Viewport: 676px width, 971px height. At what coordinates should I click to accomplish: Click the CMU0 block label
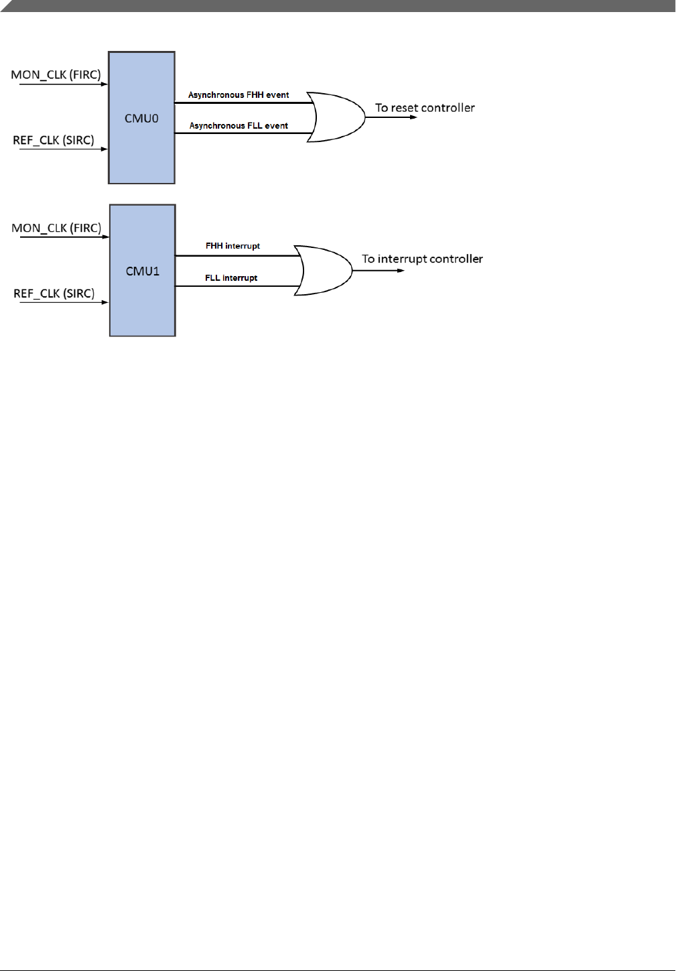point(141,119)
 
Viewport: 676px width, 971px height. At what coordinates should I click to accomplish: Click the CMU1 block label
point(143,271)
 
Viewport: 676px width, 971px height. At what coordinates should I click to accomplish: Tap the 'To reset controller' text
point(425,108)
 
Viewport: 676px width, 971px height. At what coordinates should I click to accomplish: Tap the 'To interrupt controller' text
point(422,259)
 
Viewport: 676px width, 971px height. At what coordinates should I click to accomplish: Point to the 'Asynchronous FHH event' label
point(239,95)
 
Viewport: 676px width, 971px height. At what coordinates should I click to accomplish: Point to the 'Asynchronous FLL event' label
point(239,126)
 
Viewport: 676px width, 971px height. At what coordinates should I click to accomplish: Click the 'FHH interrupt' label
point(232,246)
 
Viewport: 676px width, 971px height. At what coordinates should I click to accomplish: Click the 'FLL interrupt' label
point(231,278)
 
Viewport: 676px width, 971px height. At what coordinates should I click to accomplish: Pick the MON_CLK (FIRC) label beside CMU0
point(56,74)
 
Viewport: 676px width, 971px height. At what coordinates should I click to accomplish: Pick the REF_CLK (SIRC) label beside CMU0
point(54,140)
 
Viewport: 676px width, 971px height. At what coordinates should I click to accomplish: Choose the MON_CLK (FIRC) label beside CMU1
point(56,228)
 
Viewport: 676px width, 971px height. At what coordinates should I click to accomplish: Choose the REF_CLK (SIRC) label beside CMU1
point(54,294)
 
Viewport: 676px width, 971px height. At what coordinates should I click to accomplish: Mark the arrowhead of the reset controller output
point(414,117)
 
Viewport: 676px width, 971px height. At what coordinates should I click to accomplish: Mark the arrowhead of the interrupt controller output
point(401,271)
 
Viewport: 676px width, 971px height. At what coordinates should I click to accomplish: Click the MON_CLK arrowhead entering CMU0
point(105,84)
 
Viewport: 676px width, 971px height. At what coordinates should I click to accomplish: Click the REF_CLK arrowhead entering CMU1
point(105,302)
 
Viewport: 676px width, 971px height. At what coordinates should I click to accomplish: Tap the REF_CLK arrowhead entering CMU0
point(105,149)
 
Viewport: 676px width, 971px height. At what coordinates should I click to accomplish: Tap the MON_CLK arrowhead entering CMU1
point(106,237)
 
